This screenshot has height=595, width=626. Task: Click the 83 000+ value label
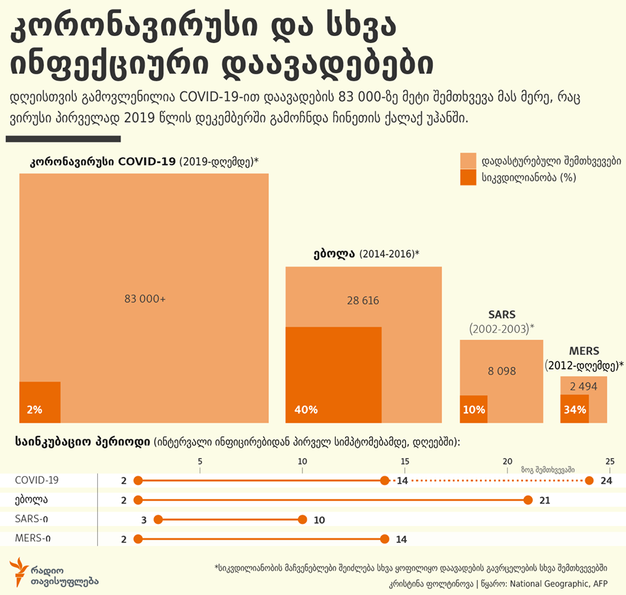click(x=145, y=299)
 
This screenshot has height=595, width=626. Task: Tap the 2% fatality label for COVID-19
click(x=35, y=410)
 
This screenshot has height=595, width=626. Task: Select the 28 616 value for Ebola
click(x=363, y=301)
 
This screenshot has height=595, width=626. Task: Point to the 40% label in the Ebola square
click(x=306, y=410)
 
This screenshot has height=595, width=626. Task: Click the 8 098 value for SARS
click(x=501, y=371)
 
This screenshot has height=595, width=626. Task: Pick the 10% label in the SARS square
click(x=474, y=410)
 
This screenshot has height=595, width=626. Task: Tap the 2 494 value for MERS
click(x=583, y=386)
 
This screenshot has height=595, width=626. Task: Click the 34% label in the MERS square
click(x=574, y=410)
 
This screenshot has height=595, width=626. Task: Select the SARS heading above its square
click(x=501, y=314)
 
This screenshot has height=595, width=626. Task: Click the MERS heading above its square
click(x=584, y=350)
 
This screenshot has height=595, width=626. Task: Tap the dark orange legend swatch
click(x=468, y=177)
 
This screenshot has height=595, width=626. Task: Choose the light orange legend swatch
click(x=468, y=160)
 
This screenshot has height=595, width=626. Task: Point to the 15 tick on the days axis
click(x=405, y=462)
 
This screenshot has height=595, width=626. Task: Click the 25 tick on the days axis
click(x=610, y=462)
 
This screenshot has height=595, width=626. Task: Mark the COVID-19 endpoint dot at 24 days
click(x=589, y=481)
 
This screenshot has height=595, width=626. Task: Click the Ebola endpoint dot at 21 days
click(x=528, y=500)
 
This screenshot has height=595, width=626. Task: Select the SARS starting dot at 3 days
click(x=158, y=520)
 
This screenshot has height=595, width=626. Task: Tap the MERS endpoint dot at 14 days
click(x=384, y=540)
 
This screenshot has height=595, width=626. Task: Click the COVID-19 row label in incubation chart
click(x=37, y=480)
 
